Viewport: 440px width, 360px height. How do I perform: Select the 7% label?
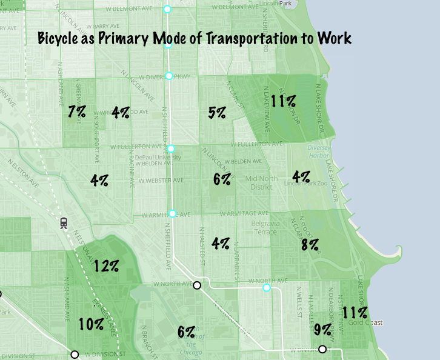click(77, 112)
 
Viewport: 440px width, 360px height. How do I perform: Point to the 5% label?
click(217, 112)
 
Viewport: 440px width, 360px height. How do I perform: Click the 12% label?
click(105, 265)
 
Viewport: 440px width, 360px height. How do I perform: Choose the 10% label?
click(91, 324)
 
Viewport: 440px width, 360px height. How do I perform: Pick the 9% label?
click(322, 330)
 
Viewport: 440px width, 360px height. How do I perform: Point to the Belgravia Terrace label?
click(264, 228)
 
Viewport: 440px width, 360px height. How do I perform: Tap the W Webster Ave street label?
click(161, 180)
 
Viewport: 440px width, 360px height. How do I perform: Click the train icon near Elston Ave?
click(64, 223)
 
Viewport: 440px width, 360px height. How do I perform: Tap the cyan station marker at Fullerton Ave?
click(171, 148)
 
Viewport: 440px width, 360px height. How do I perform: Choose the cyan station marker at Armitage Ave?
click(172, 213)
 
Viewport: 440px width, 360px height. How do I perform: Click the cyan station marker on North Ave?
click(266, 287)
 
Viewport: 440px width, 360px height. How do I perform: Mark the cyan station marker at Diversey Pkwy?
click(169, 76)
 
